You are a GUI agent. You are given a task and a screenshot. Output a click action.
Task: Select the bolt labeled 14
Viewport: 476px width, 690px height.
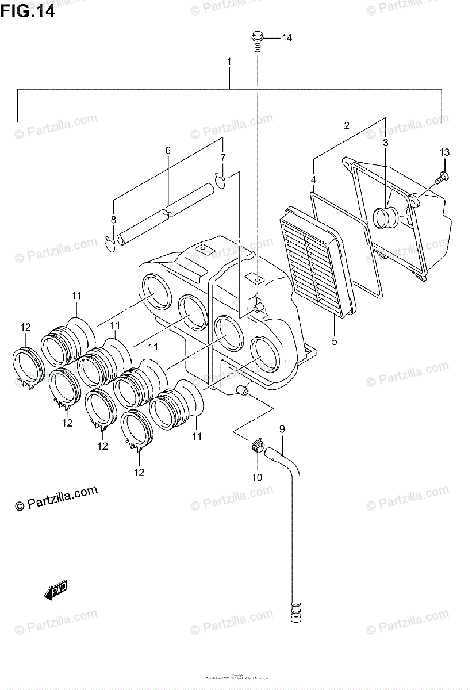click(257, 42)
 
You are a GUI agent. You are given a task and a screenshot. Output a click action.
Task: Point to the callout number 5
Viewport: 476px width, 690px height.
click(334, 341)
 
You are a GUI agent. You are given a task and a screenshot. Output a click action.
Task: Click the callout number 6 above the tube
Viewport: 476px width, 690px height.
click(168, 151)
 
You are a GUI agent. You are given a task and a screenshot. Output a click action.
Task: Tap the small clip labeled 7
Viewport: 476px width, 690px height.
click(220, 180)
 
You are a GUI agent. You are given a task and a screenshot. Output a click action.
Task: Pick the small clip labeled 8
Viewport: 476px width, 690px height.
click(110, 244)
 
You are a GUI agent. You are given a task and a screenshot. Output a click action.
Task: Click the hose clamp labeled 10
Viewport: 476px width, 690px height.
click(257, 446)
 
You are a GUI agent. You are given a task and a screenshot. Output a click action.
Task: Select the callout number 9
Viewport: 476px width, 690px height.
click(282, 429)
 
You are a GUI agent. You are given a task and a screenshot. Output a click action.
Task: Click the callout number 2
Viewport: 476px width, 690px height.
click(347, 125)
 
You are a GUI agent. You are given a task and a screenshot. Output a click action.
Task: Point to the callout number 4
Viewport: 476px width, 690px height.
click(313, 180)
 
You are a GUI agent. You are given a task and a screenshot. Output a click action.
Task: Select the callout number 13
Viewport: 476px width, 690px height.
click(444, 152)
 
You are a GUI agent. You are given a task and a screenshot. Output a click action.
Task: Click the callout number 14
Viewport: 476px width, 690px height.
click(286, 38)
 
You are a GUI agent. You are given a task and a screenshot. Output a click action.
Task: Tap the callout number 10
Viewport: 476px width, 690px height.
click(256, 477)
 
